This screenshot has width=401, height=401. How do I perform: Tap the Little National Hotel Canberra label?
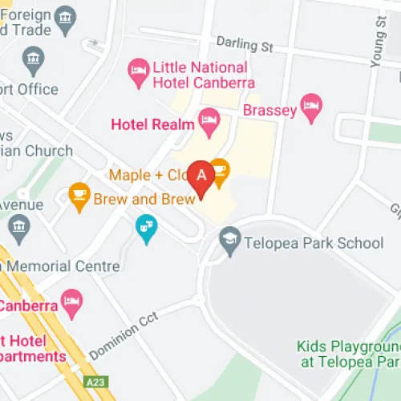click(x=204, y=75)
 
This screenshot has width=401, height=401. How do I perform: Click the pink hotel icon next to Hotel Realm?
click(x=210, y=123)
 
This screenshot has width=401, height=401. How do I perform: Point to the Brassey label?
click(x=269, y=109)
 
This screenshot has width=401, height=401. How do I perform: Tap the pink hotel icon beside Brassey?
click(x=311, y=104)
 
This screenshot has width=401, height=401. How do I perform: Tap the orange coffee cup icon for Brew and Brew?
click(x=78, y=195)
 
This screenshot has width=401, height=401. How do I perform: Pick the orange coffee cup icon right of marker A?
click(x=221, y=169)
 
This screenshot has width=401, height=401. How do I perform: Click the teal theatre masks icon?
click(x=146, y=228)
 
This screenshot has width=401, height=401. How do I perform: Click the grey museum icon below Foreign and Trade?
click(x=33, y=59)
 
